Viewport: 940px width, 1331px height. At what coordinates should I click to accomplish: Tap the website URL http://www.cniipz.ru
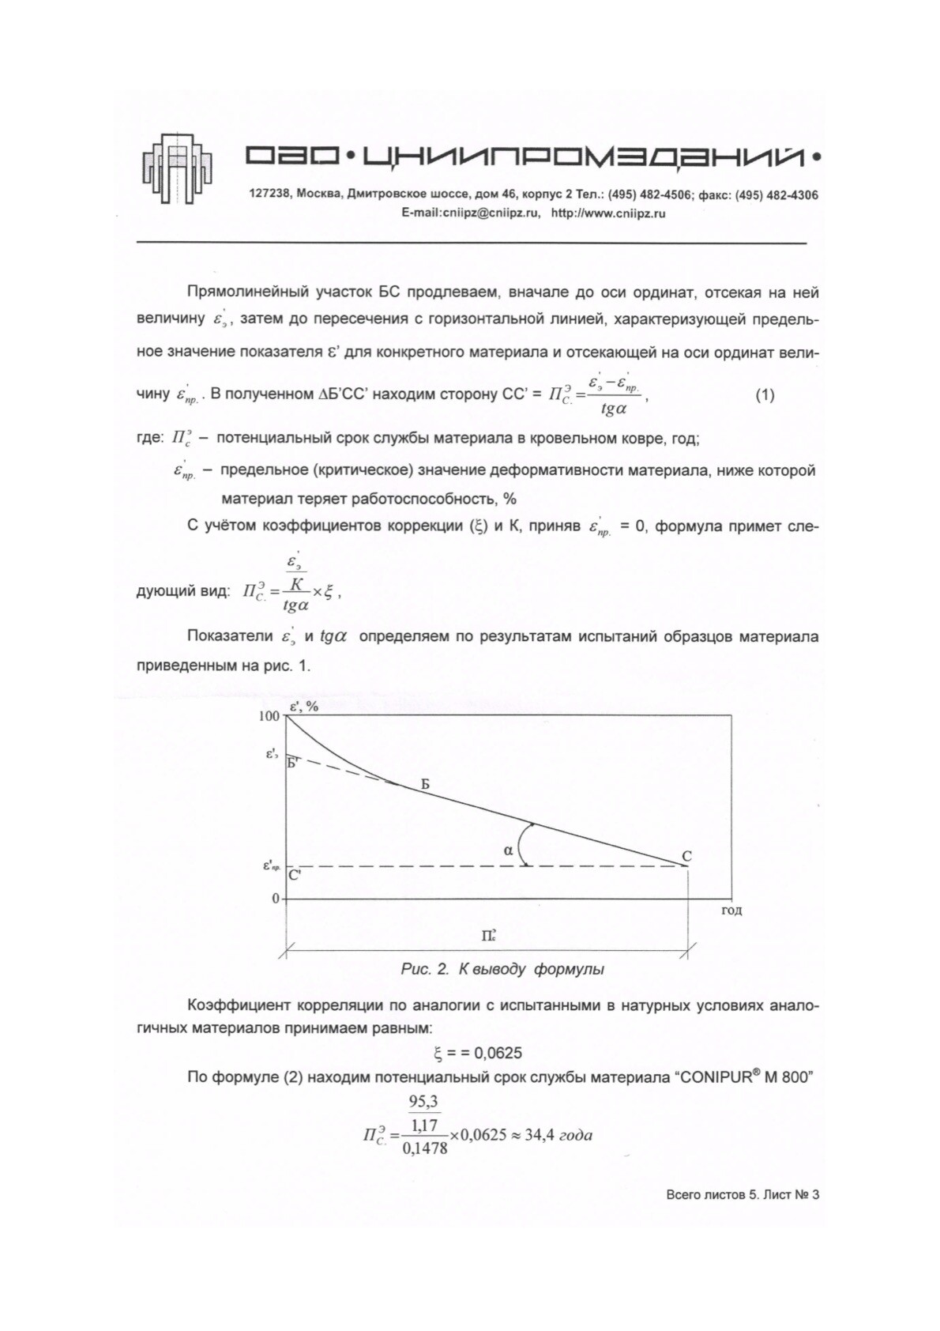[607, 213]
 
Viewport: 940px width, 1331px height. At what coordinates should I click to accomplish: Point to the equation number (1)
[765, 395]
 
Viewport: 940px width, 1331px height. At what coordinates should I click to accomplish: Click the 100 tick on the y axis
[269, 716]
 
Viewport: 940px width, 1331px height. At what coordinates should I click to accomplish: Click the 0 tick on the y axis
[276, 899]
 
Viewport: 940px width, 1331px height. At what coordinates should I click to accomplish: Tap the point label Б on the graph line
[425, 785]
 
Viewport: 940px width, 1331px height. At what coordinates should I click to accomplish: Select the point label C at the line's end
[686, 856]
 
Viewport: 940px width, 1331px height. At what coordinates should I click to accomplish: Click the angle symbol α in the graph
[508, 850]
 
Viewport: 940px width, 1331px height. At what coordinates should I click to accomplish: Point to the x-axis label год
[731, 911]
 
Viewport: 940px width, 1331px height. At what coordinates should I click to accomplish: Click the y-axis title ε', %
[304, 707]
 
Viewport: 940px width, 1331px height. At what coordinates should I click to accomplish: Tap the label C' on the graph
[295, 875]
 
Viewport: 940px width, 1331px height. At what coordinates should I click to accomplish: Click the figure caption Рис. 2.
[425, 969]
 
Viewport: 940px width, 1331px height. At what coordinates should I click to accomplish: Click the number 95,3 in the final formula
[423, 1102]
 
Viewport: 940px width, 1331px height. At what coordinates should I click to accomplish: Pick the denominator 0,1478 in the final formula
[425, 1148]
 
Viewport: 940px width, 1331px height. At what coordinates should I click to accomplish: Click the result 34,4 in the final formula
[537, 1135]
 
